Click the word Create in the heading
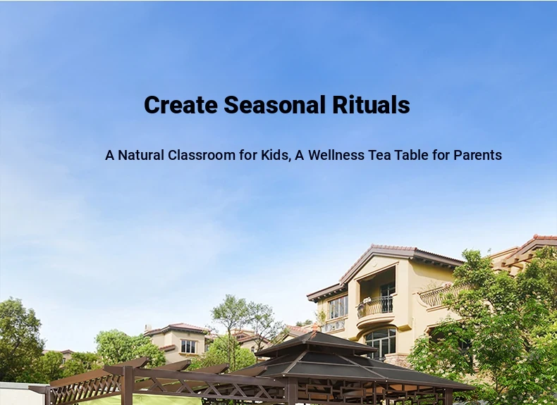coord(180,105)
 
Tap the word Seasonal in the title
coord(274,105)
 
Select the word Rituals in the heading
coord(371,105)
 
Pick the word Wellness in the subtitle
coord(336,155)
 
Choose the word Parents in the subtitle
coord(477,155)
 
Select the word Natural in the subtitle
coord(141,155)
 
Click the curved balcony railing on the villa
coord(375,306)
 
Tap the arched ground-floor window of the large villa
coord(381,342)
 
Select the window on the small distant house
coord(188,347)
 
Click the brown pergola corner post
coord(128,386)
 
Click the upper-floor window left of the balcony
coord(338,306)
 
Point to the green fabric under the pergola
coord(142,400)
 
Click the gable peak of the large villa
coord(372,246)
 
